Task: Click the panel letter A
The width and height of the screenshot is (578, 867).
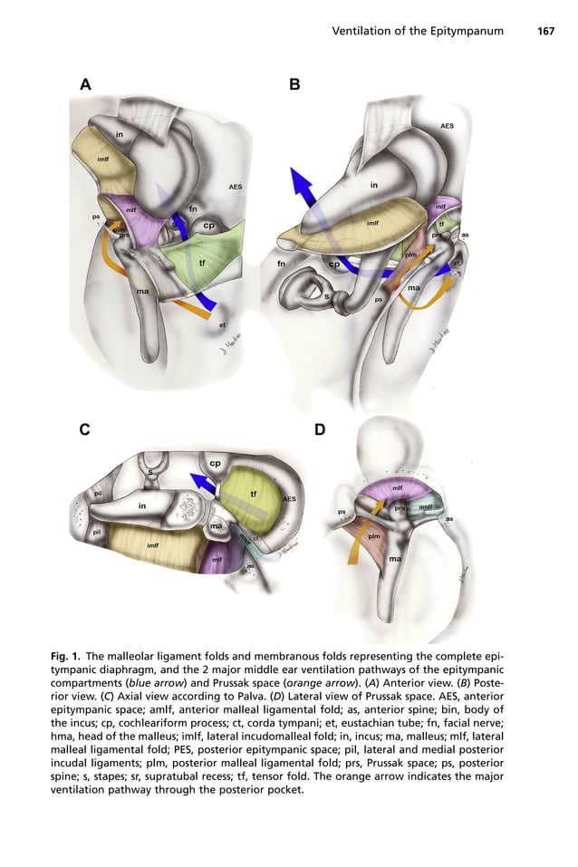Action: [86, 85]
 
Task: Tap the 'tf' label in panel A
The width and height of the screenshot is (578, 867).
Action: [201, 263]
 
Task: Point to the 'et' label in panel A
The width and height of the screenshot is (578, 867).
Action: [223, 323]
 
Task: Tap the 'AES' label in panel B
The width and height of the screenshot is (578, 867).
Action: [447, 126]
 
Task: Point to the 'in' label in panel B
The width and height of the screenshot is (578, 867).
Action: [374, 185]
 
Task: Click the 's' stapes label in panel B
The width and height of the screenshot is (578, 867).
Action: [326, 295]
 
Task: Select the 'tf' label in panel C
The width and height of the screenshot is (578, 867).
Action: [253, 494]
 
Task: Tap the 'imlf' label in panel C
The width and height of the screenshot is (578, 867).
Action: [152, 545]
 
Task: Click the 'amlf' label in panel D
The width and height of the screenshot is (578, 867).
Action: [425, 507]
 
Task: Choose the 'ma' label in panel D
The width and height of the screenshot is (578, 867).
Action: [395, 558]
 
